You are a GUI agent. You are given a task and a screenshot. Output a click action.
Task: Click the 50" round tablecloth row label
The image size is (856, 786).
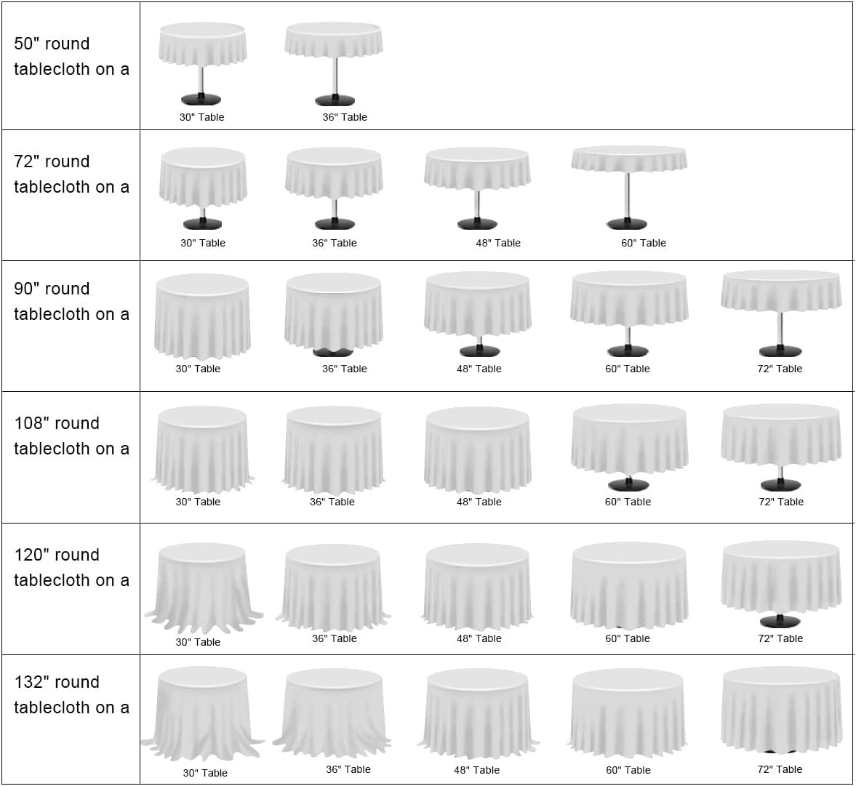pyautogui.click(x=71, y=57)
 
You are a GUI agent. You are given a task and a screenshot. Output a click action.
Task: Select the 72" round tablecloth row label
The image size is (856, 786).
pyautogui.click(x=71, y=175)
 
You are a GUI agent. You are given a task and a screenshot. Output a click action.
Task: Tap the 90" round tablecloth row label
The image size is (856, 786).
pyautogui.click(x=71, y=302)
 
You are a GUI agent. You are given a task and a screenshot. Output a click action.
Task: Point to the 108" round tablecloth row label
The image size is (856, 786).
pyautogui.click(x=71, y=436)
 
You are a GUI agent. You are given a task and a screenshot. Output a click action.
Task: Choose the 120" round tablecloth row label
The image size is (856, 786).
pyautogui.click(x=71, y=568)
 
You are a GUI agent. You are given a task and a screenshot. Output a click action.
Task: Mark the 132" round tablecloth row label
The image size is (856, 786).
pyautogui.click(x=71, y=695)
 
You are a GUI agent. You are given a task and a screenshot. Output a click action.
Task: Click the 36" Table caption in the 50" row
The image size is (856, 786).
pyautogui.click(x=345, y=117)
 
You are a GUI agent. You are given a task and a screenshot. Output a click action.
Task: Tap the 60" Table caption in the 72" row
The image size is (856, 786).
pyautogui.click(x=644, y=243)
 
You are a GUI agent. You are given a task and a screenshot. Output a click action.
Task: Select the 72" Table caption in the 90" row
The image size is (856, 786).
pyautogui.click(x=780, y=369)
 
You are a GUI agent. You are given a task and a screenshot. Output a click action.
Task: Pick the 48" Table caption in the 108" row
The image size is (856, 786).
pyautogui.click(x=479, y=502)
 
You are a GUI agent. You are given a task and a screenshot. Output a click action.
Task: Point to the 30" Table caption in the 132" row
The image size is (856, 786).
pyautogui.click(x=205, y=773)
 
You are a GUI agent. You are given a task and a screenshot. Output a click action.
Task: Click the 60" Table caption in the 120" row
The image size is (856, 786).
pyautogui.click(x=628, y=638)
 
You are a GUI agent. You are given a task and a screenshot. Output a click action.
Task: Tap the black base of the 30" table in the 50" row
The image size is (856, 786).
pyautogui.click(x=201, y=100)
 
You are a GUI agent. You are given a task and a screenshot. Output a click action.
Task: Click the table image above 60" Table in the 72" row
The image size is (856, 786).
pyautogui.click(x=629, y=185)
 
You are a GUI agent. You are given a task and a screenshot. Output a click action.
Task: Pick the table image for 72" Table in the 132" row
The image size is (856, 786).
pyautogui.click(x=782, y=709)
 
